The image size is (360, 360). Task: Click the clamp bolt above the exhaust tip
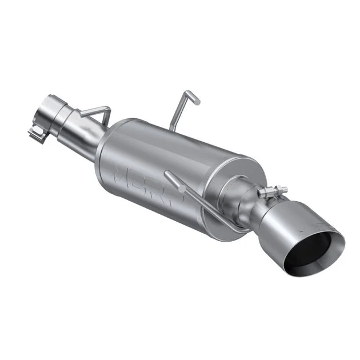click(271, 191)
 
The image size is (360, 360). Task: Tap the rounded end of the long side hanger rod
click(167, 174)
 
